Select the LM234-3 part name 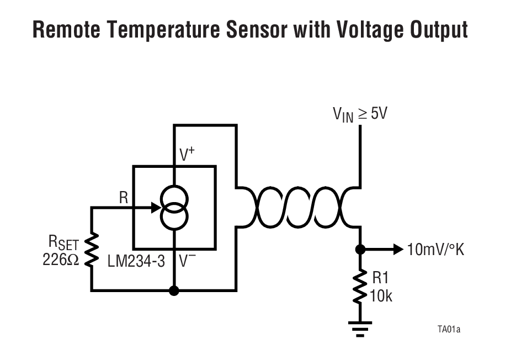point(136,261)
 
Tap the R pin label point(123,198)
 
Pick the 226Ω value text point(61,260)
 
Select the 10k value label point(381,296)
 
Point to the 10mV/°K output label point(435,250)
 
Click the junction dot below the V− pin point(174,290)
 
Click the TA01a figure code point(449,330)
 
